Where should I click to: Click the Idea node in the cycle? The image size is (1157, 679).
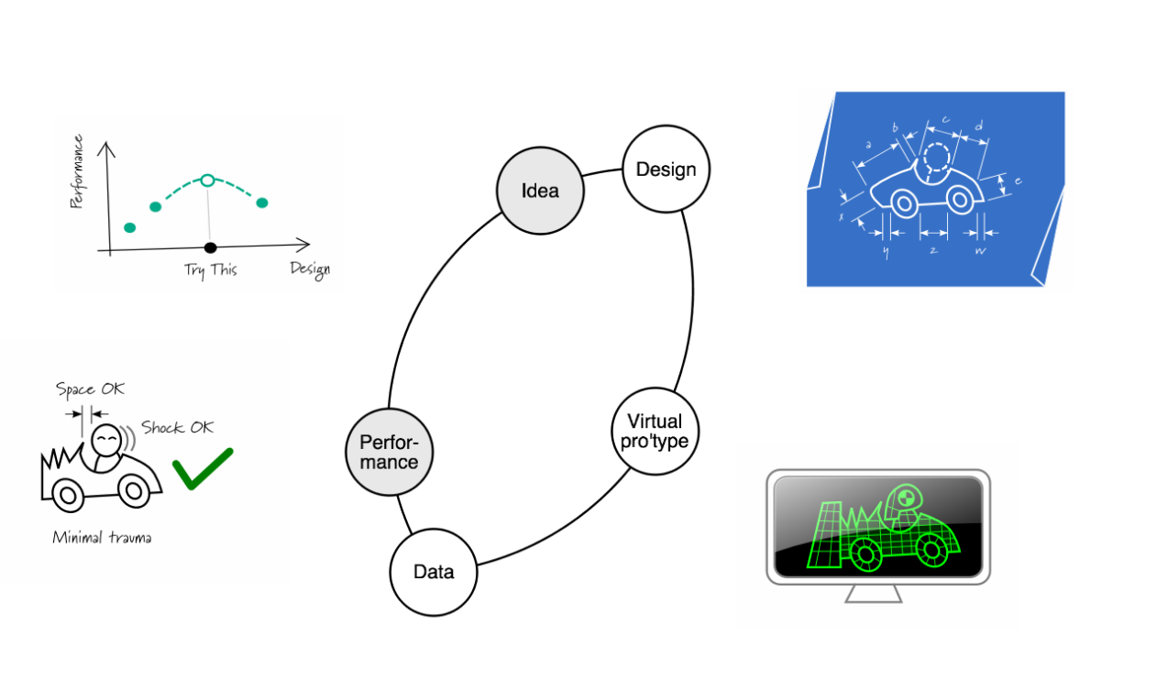pyautogui.click(x=540, y=191)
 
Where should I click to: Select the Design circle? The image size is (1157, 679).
pyautogui.click(x=666, y=169)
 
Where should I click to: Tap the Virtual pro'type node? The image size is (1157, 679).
pyautogui.click(x=655, y=432)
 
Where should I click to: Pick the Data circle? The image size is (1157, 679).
pyautogui.click(x=434, y=572)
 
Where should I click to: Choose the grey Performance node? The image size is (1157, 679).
pyautogui.click(x=389, y=451)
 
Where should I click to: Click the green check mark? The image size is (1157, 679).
pyautogui.click(x=203, y=468)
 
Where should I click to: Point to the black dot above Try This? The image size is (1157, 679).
pyautogui.click(x=210, y=247)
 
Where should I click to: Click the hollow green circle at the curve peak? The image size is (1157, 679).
pyautogui.click(x=208, y=180)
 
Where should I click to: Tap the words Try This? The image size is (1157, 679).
pyautogui.click(x=210, y=270)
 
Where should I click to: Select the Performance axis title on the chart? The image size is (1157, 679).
pyautogui.click(x=77, y=171)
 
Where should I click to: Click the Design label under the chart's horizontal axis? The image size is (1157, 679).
pyautogui.click(x=309, y=268)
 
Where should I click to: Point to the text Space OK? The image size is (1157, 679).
pyautogui.click(x=90, y=389)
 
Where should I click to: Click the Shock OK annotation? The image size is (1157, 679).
pyautogui.click(x=177, y=428)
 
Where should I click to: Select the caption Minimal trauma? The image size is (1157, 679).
pyautogui.click(x=102, y=538)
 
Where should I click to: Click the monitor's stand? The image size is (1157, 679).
pyautogui.click(x=873, y=593)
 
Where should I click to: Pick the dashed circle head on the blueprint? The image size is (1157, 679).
pyautogui.click(x=937, y=159)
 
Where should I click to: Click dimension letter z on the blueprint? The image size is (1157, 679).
pyautogui.click(x=932, y=249)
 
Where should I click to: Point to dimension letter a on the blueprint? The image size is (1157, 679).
pyautogui.click(x=867, y=144)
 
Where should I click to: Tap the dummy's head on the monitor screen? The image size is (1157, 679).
pyautogui.click(x=902, y=498)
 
